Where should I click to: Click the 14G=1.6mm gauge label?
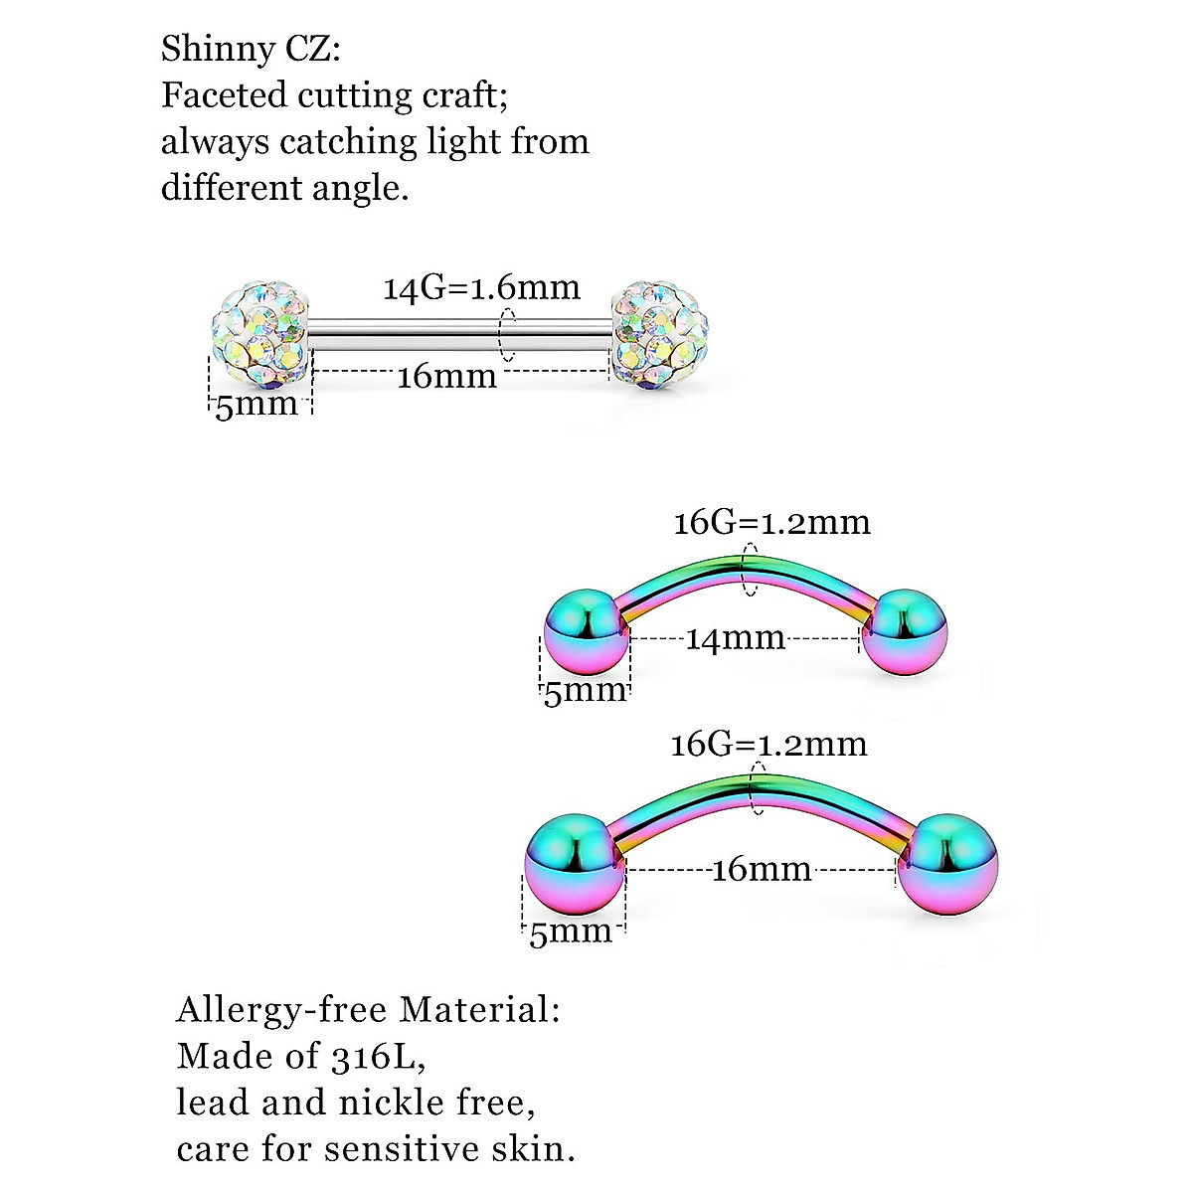482,288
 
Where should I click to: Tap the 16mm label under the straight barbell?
446,377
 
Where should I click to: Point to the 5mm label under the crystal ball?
256,405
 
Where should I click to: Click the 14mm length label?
736,638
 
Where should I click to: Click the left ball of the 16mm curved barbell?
575,861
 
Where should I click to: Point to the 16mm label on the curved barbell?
762,870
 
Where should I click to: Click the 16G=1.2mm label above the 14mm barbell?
771,523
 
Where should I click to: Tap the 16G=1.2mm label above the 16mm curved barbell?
768,745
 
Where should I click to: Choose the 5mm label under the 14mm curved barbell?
585,691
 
